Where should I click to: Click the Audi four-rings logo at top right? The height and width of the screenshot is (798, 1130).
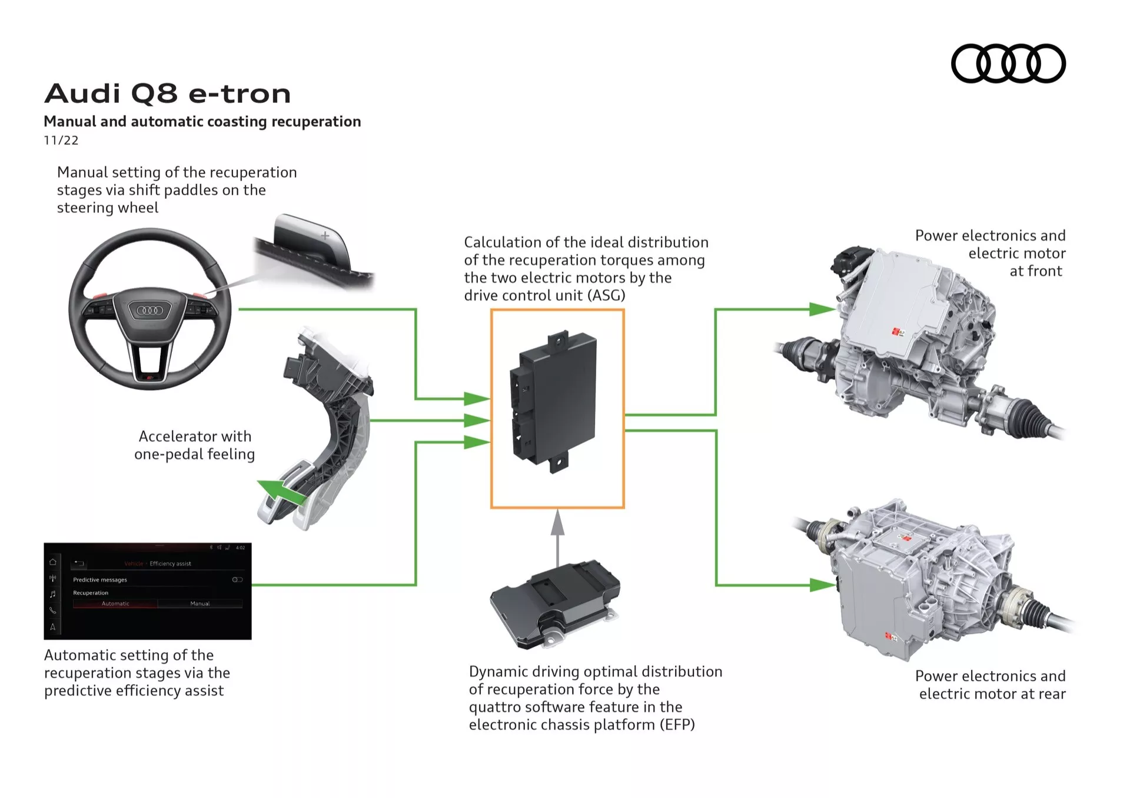(1008, 64)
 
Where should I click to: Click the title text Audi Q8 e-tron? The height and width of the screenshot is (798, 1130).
(168, 94)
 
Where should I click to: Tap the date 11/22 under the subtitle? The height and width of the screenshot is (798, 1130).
(61, 141)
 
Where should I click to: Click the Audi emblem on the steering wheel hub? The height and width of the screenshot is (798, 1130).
(149, 310)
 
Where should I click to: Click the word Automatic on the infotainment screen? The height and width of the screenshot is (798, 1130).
(115, 603)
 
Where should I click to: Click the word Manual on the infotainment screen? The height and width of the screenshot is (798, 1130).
(200, 603)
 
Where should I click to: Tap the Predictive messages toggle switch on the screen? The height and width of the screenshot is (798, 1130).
(237, 580)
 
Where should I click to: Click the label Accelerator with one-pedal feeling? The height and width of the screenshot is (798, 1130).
(195, 445)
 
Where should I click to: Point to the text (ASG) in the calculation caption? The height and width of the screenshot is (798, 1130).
(606, 295)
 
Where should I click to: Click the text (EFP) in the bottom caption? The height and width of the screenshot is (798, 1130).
(677, 724)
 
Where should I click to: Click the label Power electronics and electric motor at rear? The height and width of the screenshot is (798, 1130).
(991, 685)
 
